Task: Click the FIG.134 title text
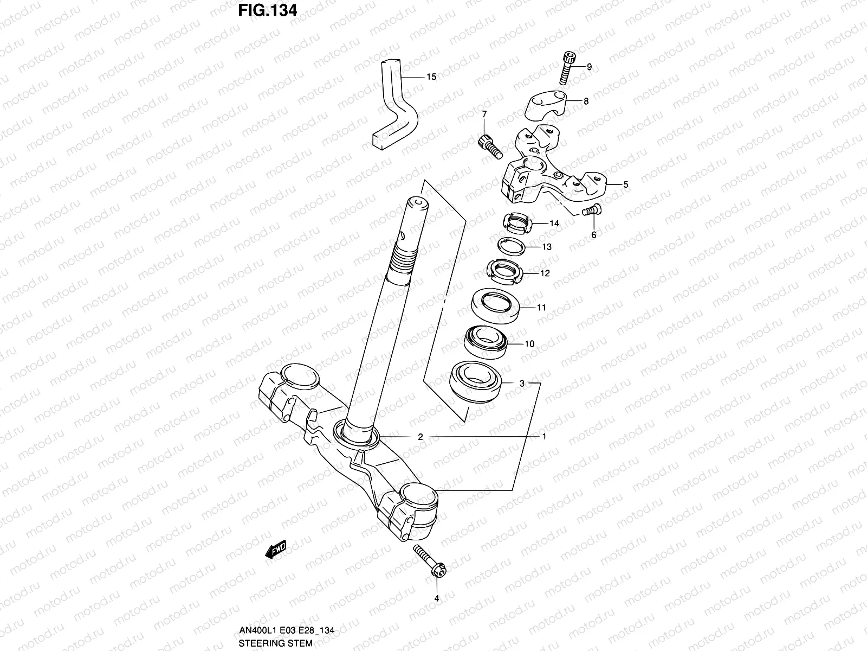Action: coord(268,10)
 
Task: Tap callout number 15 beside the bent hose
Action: coord(431,77)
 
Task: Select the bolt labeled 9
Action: coord(566,67)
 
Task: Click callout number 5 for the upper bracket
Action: coord(625,184)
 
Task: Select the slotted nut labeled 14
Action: coord(520,223)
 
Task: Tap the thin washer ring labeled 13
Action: coord(513,246)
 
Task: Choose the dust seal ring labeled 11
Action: coord(496,306)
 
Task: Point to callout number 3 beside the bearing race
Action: coord(522,384)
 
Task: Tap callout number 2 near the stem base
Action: coord(420,437)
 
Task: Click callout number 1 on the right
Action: coord(544,437)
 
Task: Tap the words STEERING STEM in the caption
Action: coord(276,643)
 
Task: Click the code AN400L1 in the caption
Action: coord(256,631)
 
